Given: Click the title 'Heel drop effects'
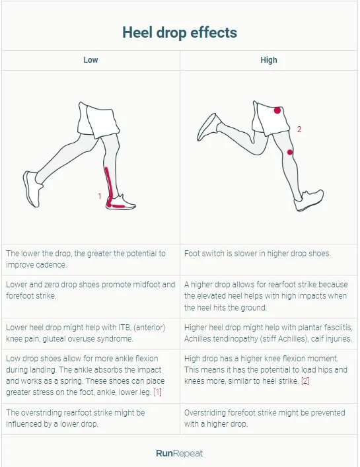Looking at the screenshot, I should pyautogui.click(x=180, y=32).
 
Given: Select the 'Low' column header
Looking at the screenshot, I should pyautogui.click(x=90, y=60).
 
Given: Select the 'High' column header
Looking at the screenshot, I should pyautogui.click(x=269, y=60).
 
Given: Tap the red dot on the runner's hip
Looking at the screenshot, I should pyautogui.click(x=277, y=110).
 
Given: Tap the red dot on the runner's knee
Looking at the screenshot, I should pyautogui.click(x=290, y=153).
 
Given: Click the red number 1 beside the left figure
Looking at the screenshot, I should pyautogui.click(x=100, y=196).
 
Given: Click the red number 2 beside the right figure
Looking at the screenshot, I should pyautogui.click(x=299, y=129).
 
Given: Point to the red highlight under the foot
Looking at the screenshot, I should pyautogui.click(x=118, y=206).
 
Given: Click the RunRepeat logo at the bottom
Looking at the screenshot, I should pyautogui.click(x=180, y=453).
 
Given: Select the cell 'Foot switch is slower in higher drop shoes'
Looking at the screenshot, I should pyautogui.click(x=258, y=253).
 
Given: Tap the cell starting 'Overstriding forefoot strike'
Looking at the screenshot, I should pyautogui.click(x=264, y=417).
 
